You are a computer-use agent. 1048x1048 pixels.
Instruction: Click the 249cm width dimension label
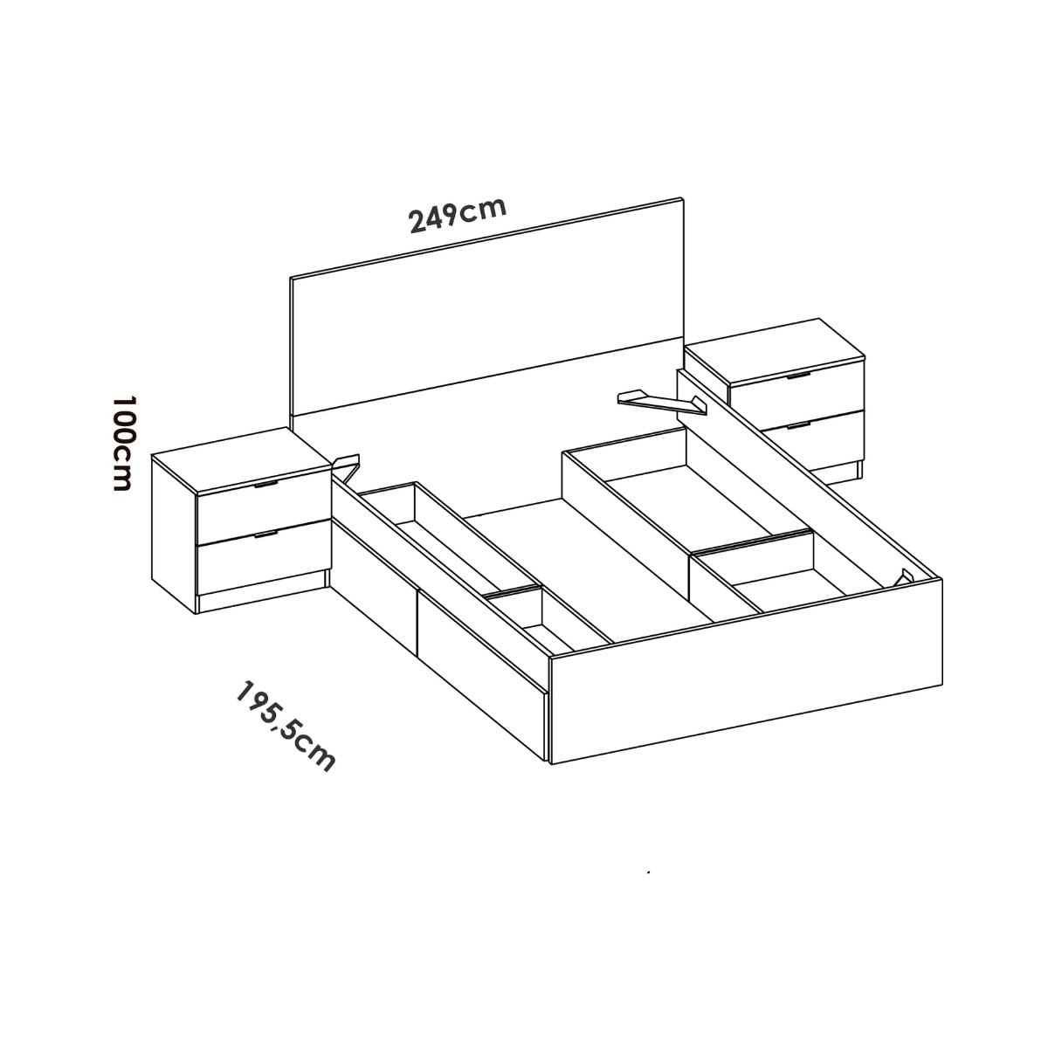click(x=458, y=215)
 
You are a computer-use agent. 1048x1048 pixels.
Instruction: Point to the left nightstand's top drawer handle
click(x=265, y=484)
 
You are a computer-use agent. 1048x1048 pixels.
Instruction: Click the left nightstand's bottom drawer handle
click(x=265, y=534)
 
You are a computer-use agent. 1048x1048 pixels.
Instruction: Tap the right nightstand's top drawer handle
click(x=798, y=376)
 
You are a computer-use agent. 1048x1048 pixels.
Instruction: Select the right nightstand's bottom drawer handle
click(x=798, y=425)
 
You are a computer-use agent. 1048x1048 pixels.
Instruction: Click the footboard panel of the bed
click(x=746, y=672)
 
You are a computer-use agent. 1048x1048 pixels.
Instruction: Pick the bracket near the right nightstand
click(x=662, y=402)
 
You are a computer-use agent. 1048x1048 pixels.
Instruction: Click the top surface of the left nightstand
click(x=241, y=460)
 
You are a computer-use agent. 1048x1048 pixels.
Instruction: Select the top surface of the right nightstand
click(x=775, y=351)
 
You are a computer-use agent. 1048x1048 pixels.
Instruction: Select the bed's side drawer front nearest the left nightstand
click(x=374, y=580)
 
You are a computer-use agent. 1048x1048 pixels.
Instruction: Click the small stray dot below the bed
click(x=649, y=872)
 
